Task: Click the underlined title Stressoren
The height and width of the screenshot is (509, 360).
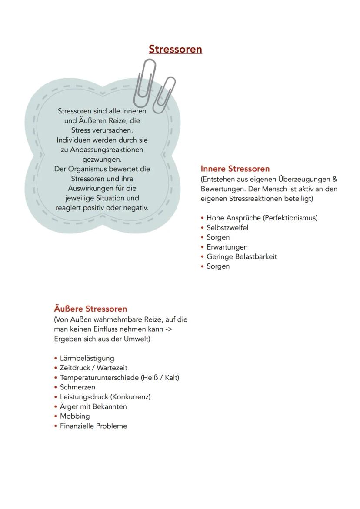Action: click(175, 49)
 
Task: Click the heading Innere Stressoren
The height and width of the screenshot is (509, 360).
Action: click(235, 169)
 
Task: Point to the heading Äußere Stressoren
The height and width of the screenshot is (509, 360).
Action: click(90, 309)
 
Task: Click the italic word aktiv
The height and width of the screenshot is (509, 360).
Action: click(306, 189)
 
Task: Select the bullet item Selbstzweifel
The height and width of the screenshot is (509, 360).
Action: click(227, 228)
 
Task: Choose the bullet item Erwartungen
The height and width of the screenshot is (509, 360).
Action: click(227, 247)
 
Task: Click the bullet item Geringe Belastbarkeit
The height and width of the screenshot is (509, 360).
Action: click(241, 256)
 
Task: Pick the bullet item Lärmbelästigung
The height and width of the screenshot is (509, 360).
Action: click(87, 358)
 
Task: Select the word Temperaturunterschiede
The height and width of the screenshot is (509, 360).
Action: click(100, 377)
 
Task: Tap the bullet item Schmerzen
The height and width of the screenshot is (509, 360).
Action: click(77, 387)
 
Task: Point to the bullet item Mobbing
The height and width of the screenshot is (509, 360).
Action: click(75, 416)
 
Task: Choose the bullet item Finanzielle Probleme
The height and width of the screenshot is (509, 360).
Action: click(93, 426)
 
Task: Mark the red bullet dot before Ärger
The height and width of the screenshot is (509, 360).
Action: click(56, 407)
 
